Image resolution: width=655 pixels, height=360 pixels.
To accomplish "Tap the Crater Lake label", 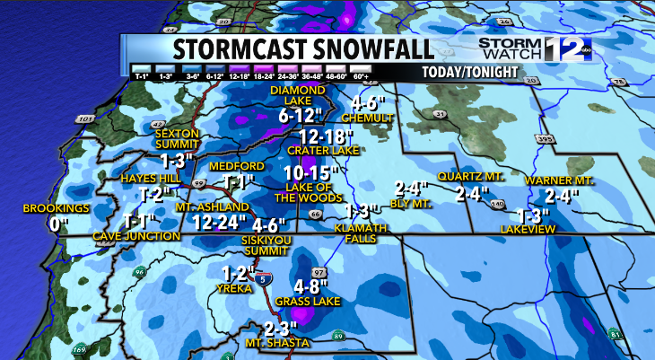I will [316, 152].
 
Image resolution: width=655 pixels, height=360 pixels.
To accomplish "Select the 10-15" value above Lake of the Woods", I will [310, 172].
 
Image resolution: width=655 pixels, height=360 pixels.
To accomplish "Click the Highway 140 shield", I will [496, 205].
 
